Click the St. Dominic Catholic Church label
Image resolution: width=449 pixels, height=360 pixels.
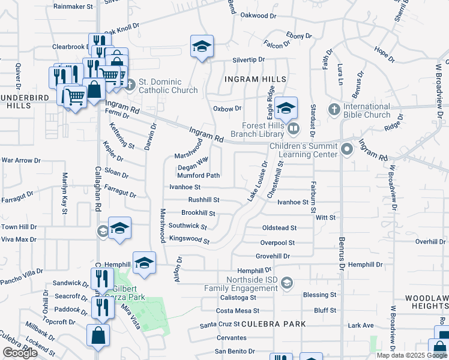coord(168,86)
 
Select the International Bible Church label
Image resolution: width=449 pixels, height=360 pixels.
coord(367,110)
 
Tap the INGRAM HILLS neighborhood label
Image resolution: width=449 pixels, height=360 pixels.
coord(255,79)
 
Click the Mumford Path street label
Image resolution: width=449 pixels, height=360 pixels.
coord(198,176)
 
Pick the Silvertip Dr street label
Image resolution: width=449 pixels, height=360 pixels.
coord(249,60)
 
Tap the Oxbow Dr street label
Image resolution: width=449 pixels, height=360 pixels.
coord(227,109)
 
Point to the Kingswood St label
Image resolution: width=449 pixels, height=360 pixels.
coord(189,240)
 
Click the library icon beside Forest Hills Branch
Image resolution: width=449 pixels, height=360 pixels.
coord(294,128)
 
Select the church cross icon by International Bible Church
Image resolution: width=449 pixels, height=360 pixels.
coord(334,110)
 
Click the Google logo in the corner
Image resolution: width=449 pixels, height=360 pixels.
coord(20,353)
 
